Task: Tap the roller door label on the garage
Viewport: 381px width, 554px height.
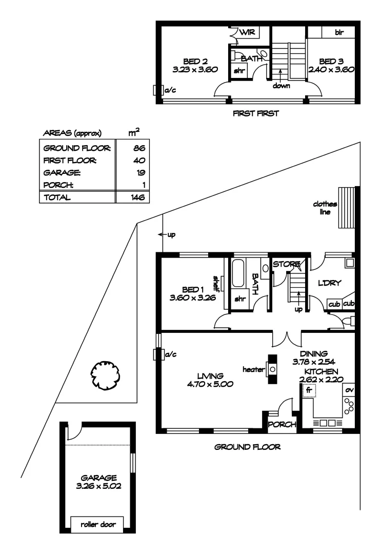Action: [x=97, y=524]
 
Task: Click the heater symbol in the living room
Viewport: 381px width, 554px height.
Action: [x=272, y=369]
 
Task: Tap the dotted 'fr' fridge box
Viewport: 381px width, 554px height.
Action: [x=309, y=390]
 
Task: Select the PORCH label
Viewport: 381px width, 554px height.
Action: [x=282, y=424]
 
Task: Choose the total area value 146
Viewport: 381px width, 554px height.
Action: [x=136, y=197]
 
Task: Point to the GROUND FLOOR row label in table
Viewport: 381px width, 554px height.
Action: [x=77, y=148]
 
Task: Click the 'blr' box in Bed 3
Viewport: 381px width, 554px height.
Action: [x=338, y=32]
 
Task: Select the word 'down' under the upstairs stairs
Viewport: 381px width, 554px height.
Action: [x=281, y=86]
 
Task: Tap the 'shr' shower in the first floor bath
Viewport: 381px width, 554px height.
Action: [x=239, y=71]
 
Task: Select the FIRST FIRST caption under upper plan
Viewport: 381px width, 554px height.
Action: [x=256, y=113]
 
